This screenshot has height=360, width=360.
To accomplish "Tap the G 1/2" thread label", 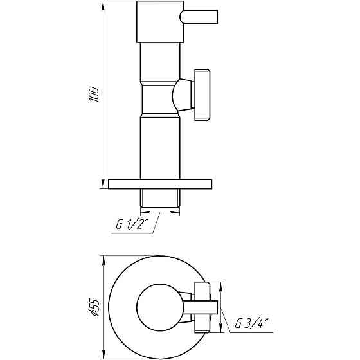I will pyautogui.click(x=132, y=224).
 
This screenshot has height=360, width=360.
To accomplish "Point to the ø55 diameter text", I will pyautogui.click(x=94, y=307).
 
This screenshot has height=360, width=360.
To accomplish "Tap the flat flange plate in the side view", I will pyautogui.click(x=160, y=184).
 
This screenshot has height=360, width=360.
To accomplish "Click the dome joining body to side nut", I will pyautogui.click(x=179, y=94).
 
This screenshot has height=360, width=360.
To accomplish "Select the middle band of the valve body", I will pyautogui.click(x=157, y=96).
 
